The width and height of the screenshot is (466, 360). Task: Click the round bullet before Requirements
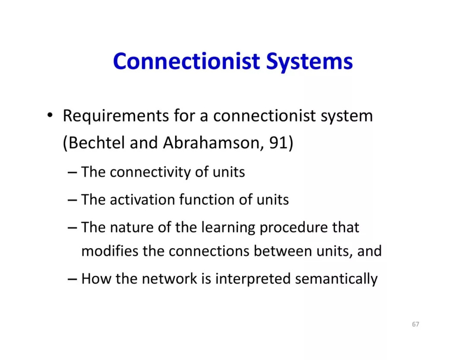(50, 116)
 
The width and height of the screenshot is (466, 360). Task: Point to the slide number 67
(416, 324)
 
